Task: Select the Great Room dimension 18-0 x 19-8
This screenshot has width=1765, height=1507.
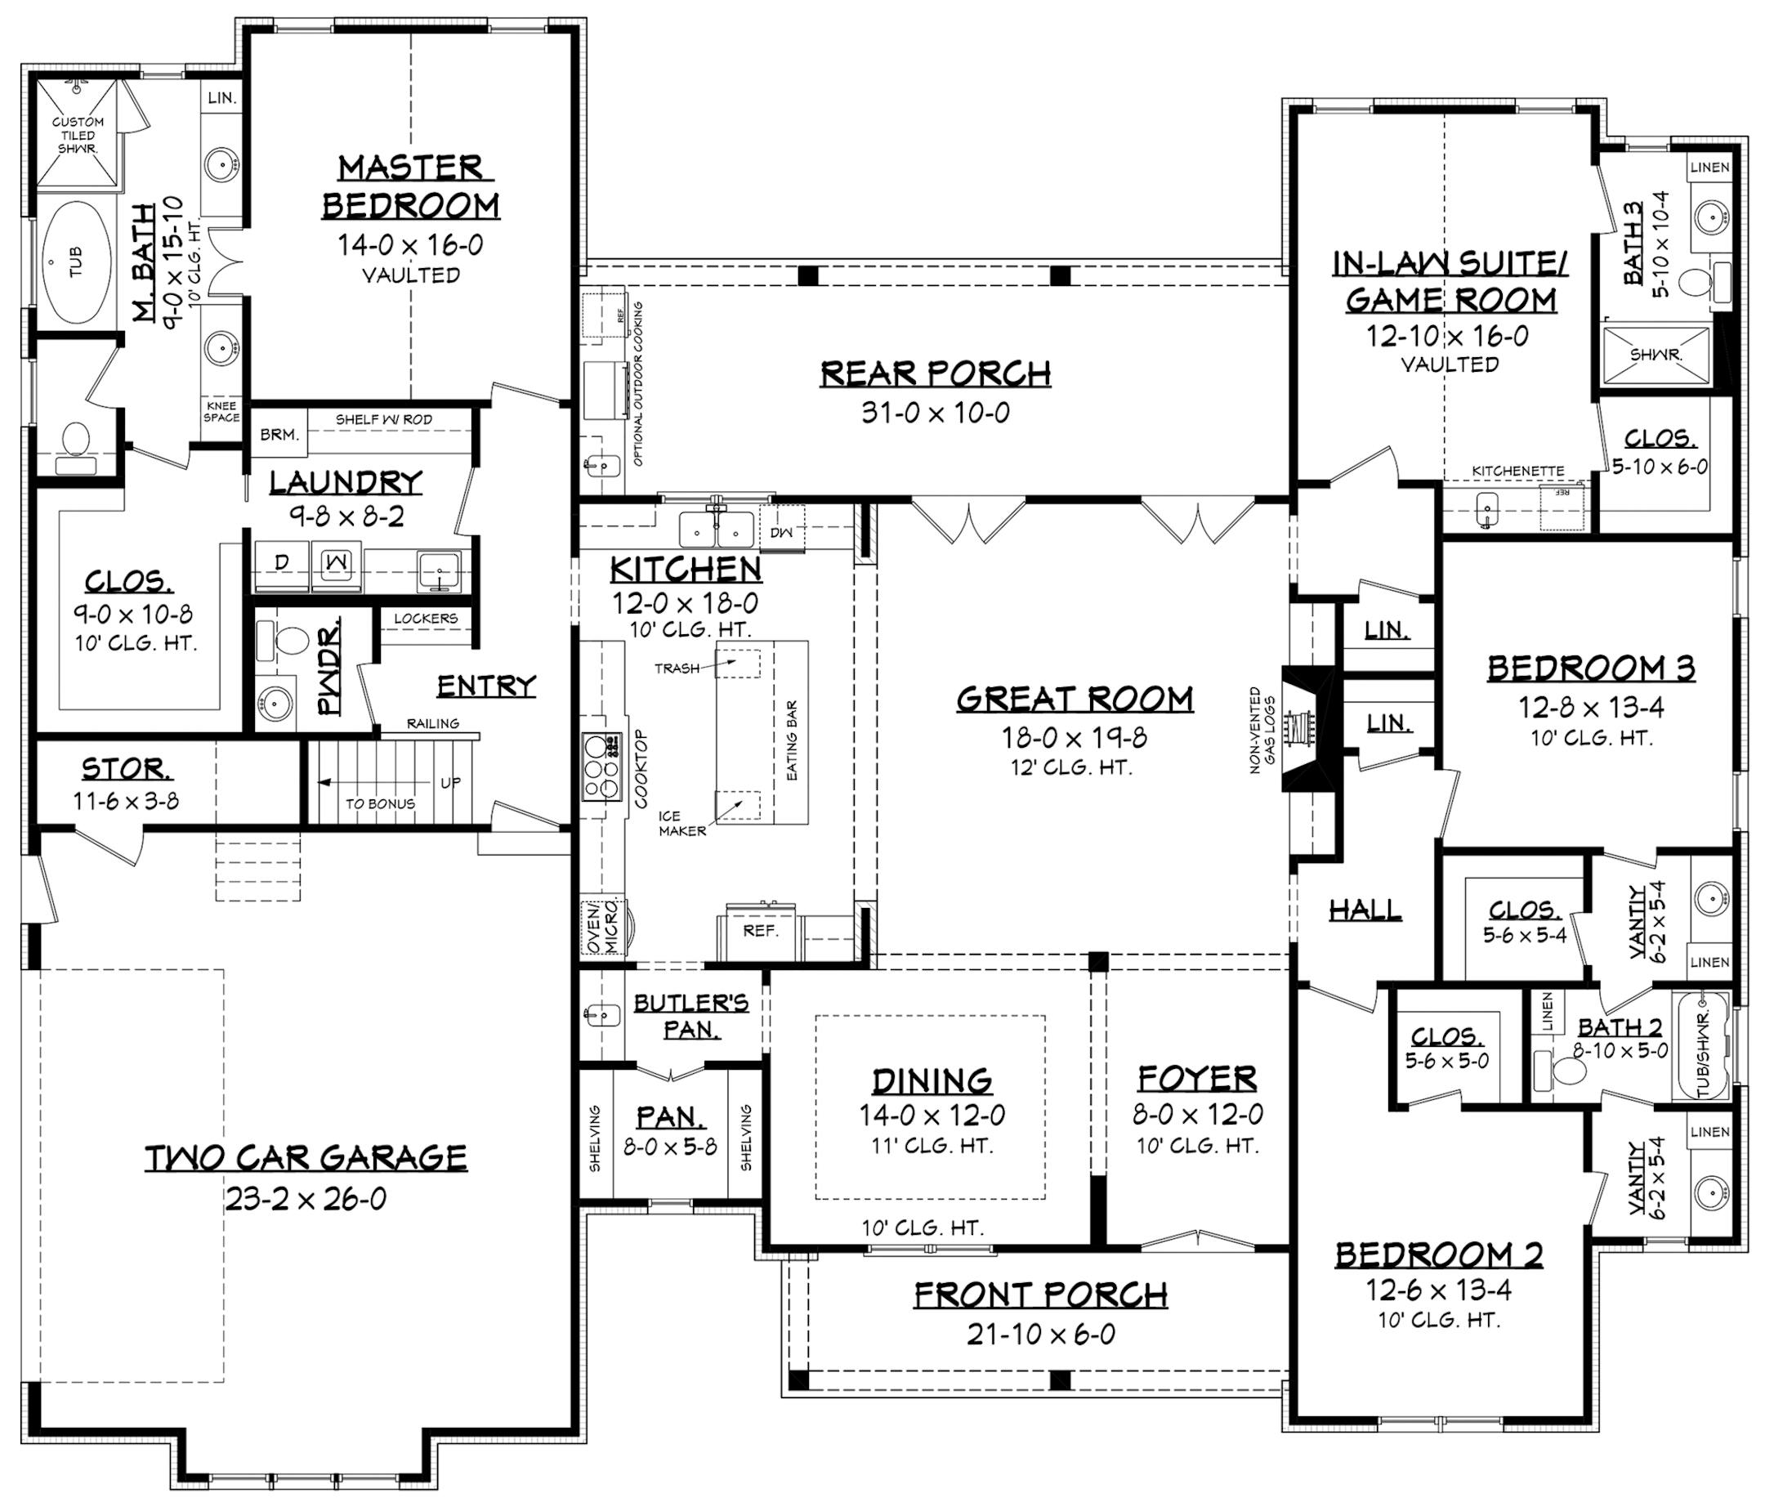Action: click(x=1075, y=737)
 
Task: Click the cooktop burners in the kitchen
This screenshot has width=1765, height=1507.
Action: click(x=601, y=767)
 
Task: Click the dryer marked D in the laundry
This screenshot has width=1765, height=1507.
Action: click(x=282, y=563)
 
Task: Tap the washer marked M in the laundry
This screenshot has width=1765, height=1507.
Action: click(x=336, y=563)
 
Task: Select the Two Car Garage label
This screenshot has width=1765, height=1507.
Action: click(x=306, y=1158)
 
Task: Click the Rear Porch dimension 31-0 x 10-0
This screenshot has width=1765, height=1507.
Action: click(x=935, y=414)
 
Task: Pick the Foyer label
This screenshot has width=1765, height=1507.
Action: click(x=1197, y=1079)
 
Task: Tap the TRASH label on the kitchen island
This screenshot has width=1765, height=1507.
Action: click(x=677, y=669)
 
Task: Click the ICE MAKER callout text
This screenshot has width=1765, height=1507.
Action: click(x=681, y=824)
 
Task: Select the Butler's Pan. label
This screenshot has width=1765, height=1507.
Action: click(x=690, y=1016)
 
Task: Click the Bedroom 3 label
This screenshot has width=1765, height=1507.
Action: click(x=1590, y=669)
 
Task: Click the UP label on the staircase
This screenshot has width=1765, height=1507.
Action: click(x=450, y=782)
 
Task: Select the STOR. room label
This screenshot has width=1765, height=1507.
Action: click(x=126, y=769)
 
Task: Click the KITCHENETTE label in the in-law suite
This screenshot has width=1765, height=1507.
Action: click(x=1518, y=471)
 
